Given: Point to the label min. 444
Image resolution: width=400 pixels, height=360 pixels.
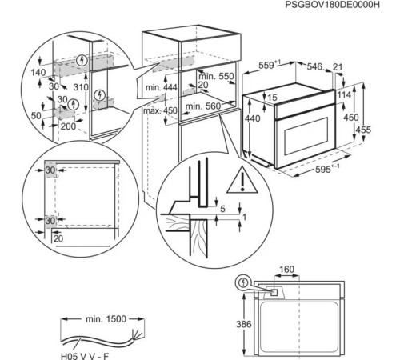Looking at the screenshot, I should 158,86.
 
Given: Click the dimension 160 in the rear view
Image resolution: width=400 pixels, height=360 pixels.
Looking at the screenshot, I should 287,270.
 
